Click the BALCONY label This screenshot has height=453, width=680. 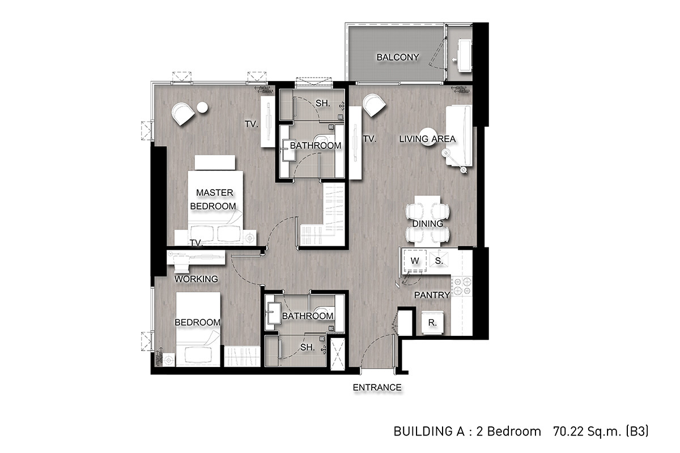[x=398, y=57]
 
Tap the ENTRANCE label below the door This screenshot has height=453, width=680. [x=377, y=387]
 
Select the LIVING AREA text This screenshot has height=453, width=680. [x=427, y=139]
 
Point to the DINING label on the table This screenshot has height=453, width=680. [x=427, y=224]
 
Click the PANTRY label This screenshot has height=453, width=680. [x=432, y=295]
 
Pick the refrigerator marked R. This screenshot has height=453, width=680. [x=432, y=323]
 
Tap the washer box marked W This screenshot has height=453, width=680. [x=414, y=260]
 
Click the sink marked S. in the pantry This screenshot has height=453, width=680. [x=439, y=260]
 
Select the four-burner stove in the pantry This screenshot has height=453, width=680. [x=462, y=286]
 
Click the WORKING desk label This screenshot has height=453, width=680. [x=196, y=279]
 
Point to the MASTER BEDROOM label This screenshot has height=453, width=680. [x=214, y=199]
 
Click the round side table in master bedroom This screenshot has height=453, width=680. [x=202, y=108]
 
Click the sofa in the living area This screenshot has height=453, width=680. [x=459, y=136]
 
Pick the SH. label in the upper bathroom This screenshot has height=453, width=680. [x=322, y=103]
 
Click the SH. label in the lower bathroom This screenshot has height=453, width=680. [x=308, y=347]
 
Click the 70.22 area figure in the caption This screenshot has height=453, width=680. [x=567, y=431]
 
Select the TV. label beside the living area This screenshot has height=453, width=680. [x=369, y=139]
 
